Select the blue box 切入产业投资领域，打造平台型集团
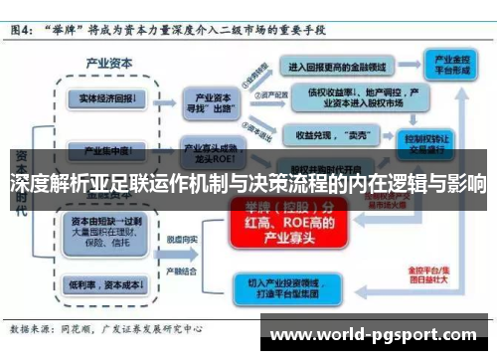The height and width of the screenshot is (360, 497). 289,288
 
